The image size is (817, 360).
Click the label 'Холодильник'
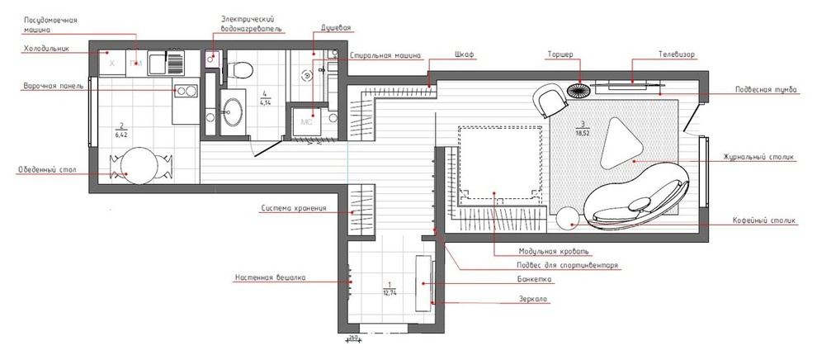click(46, 49)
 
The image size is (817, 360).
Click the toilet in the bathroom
click(241, 69)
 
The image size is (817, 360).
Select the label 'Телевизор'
click(676, 54)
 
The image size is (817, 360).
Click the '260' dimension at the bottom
click(353, 338)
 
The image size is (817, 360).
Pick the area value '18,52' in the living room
click(583, 134)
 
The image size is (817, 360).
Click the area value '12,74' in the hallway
click(389, 293)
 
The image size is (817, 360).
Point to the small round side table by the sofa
click(568, 218)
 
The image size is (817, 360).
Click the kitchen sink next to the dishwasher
click(166, 63)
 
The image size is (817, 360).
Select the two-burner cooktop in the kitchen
click(186, 91)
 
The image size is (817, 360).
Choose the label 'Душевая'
click(336, 27)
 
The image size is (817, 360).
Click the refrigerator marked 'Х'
click(112, 63)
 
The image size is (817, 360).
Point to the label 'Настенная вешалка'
click(270, 277)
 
